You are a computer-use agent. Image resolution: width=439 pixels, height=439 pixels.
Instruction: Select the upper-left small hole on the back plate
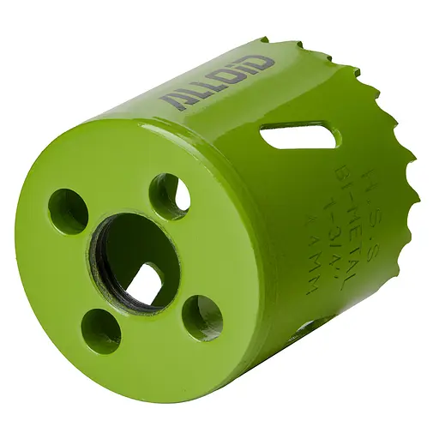[x=68, y=211]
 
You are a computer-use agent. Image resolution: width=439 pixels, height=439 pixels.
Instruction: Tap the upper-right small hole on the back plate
[x=169, y=195]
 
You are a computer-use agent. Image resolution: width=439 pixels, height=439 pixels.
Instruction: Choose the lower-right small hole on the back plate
[x=202, y=317]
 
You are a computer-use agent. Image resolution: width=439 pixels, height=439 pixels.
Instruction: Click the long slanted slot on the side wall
[x=299, y=135]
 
